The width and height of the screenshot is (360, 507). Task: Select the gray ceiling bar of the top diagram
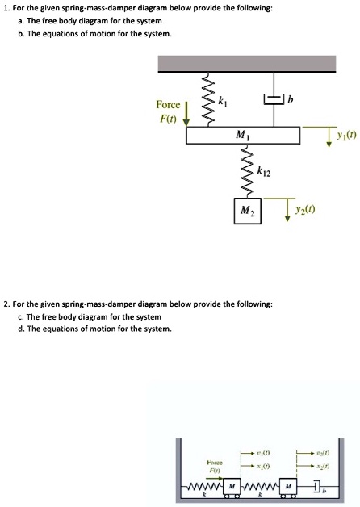click(247, 65)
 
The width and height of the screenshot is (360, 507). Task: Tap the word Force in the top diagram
click(169, 104)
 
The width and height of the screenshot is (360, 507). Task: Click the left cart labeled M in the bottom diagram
click(232, 487)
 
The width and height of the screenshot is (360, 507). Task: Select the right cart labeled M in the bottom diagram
click(290, 487)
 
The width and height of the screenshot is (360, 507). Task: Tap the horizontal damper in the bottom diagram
click(319, 487)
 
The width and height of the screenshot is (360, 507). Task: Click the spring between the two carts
click(261, 487)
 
